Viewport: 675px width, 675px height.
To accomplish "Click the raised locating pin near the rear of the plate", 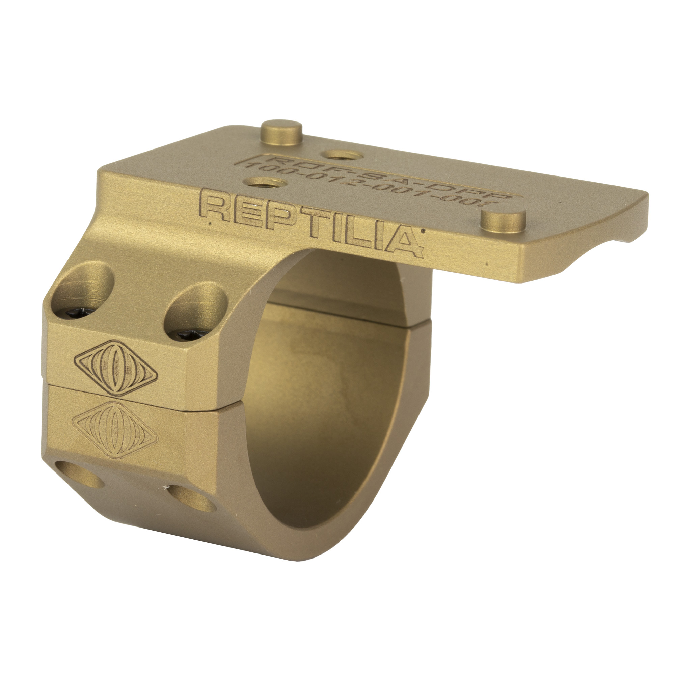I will pos(282,132).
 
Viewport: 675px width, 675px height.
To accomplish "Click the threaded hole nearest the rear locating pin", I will pos(339,154).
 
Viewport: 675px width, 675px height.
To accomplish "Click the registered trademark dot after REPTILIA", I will pos(423,231).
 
